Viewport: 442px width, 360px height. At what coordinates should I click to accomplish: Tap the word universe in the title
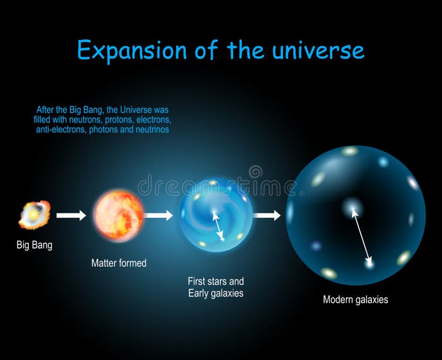[x=319, y=51]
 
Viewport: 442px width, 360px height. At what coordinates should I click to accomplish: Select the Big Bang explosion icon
[x=34, y=215]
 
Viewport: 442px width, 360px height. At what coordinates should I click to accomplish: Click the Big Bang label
[x=34, y=245]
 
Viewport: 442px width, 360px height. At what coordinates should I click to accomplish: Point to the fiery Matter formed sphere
[x=119, y=215]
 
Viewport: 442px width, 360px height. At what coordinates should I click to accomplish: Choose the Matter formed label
[x=119, y=263]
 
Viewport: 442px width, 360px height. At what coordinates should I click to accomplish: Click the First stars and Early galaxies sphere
[x=215, y=215]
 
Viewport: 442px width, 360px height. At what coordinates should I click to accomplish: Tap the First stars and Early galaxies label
[x=215, y=287]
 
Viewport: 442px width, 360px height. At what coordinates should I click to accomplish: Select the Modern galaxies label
[x=355, y=300]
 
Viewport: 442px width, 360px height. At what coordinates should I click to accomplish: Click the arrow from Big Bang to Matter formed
[x=71, y=215]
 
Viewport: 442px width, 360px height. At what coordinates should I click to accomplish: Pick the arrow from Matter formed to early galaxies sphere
[x=158, y=215]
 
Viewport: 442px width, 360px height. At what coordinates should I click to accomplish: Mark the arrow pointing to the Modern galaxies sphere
[x=266, y=215]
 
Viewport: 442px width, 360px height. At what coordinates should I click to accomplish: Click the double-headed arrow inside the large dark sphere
[x=361, y=236]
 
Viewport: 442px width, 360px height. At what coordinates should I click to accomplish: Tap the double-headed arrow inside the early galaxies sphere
[x=218, y=225]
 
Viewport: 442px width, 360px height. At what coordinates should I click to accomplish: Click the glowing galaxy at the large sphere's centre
[x=351, y=207]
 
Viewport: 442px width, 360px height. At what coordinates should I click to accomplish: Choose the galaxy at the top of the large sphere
[x=349, y=151]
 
